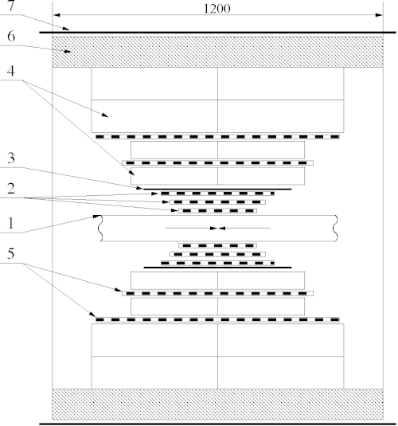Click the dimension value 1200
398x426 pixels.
217,9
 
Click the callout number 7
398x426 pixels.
10,6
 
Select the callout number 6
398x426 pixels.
11,36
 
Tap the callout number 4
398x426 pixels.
10,71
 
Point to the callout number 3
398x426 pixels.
11,158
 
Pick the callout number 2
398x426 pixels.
11,189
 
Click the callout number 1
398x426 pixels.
10,224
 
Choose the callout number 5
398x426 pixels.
10,253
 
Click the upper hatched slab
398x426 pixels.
217,52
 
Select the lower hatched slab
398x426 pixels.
217,405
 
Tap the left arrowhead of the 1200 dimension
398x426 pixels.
57,15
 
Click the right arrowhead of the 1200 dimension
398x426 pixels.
379,15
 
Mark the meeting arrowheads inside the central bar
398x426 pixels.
217,229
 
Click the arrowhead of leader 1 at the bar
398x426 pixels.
97,217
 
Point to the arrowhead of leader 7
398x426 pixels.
66,28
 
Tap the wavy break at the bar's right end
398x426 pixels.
336,229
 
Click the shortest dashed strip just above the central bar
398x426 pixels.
217,210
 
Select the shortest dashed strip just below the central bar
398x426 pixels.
217,245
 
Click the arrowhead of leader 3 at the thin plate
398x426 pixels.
139,188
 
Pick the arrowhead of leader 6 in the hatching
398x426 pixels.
68,51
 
